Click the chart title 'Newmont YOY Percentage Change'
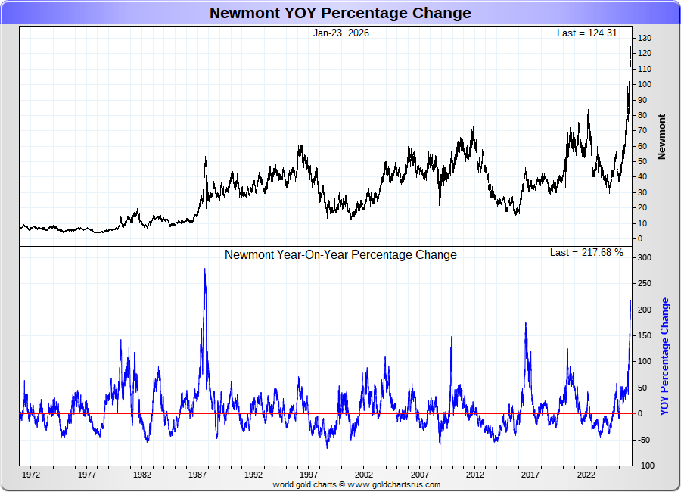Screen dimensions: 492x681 point(340,13)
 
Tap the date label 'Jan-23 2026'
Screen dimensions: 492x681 point(341,33)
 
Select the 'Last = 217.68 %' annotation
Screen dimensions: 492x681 point(586,252)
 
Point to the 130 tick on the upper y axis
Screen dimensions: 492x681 point(645,38)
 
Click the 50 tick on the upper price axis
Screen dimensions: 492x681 point(642,161)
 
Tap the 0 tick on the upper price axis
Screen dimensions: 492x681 point(640,238)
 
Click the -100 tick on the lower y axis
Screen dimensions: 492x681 point(645,466)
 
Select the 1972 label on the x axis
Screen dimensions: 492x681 point(31,475)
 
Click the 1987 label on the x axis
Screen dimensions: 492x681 point(197,475)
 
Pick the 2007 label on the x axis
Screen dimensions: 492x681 point(419,475)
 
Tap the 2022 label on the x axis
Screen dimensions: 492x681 point(586,475)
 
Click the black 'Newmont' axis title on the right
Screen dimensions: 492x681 point(662,136)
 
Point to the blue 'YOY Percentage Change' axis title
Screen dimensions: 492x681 point(665,356)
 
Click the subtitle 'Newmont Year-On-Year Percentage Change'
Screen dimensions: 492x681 point(340,255)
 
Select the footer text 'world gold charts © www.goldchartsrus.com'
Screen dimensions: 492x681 point(356,484)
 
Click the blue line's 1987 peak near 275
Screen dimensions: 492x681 point(204,269)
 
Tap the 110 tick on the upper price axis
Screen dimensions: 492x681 point(645,69)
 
